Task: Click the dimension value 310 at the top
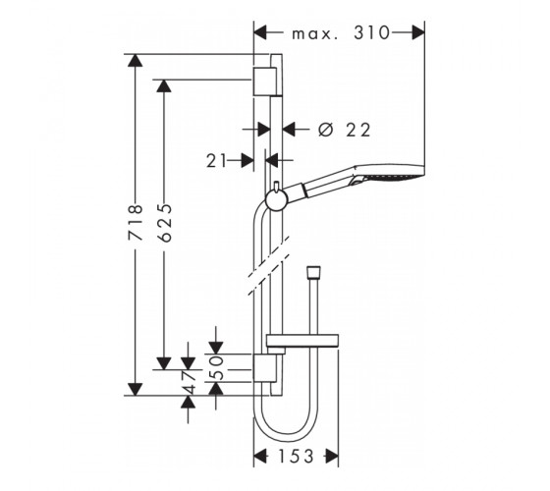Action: [372, 33]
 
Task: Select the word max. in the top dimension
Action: [315, 34]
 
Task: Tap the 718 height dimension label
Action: [136, 223]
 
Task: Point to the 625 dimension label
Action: [165, 223]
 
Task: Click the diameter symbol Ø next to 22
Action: [325, 130]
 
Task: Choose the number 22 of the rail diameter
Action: [358, 130]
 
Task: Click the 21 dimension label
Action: [216, 161]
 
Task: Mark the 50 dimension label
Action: [218, 368]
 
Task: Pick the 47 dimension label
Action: [189, 382]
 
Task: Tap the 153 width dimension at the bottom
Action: [296, 457]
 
